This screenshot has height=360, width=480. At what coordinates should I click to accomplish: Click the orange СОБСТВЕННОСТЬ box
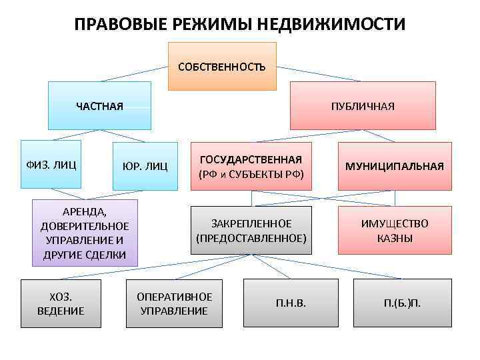tap(221, 66)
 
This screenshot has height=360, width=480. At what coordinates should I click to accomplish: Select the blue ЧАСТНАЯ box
tap(100, 105)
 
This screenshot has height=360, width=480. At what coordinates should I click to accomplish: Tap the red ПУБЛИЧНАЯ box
tap(363, 105)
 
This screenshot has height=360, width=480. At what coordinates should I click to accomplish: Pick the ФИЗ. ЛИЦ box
tap(51, 160)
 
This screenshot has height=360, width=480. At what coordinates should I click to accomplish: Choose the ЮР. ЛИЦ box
tap(145, 165)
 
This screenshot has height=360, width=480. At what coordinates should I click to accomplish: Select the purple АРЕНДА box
tap(85, 233)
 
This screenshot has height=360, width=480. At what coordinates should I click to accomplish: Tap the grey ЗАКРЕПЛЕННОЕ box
tap(251, 230)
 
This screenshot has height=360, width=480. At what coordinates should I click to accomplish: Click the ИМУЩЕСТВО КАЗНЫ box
tap(395, 231)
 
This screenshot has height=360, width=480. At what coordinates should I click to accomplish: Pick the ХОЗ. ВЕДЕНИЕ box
tap(61, 303)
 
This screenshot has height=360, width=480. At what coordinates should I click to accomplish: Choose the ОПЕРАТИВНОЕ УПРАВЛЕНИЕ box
tap(174, 303)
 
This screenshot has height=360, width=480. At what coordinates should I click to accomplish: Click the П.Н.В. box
tap(291, 303)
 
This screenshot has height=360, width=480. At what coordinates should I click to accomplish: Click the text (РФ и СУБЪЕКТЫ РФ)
tap(251, 174)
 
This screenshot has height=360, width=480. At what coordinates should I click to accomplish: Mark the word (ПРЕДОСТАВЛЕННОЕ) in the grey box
tap(251, 237)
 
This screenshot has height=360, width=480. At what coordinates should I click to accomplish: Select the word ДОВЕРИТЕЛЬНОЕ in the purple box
tap(85, 226)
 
